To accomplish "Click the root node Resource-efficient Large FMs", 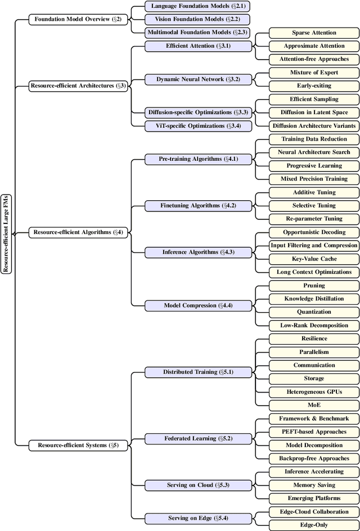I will pyautogui.click(x=6, y=232).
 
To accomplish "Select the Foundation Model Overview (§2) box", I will pyautogui.click(x=78, y=19).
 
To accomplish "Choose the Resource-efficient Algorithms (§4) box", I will pyautogui.click(x=78, y=232).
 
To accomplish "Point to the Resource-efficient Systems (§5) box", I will pyautogui.click(x=78, y=445).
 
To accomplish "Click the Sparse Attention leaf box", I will pyautogui.click(x=314, y=33).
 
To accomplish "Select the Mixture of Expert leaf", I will pyautogui.click(x=314, y=73).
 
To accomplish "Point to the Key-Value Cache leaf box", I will pyautogui.click(x=314, y=259).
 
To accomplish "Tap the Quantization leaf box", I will pyautogui.click(x=314, y=312).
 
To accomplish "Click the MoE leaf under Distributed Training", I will pyautogui.click(x=314, y=405).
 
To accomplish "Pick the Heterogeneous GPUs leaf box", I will pyautogui.click(x=314, y=391).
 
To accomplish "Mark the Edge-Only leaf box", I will pyautogui.click(x=314, y=525).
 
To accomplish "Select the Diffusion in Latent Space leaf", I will pyautogui.click(x=314, y=112).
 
